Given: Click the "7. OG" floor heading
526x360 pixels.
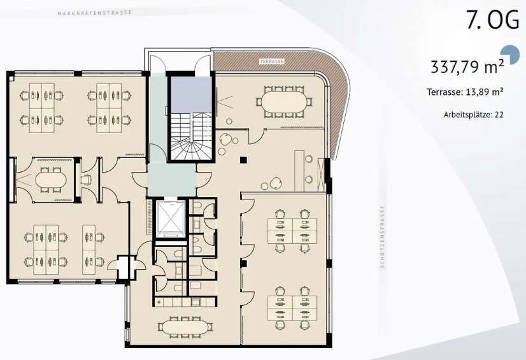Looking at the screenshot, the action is click(x=492, y=20).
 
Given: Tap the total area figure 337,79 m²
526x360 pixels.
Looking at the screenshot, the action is click(x=467, y=66).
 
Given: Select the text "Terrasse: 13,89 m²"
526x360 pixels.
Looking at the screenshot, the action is click(x=465, y=92).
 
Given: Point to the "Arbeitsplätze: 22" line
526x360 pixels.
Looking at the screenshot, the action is click(x=473, y=115).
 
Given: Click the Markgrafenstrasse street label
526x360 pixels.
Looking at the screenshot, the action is click(x=95, y=13).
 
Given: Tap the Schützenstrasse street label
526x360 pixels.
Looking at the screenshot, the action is click(x=383, y=237).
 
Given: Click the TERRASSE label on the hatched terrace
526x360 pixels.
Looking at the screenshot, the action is click(x=272, y=61).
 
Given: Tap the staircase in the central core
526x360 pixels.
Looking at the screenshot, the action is click(x=192, y=136).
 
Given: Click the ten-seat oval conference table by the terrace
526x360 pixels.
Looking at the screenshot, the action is click(x=284, y=102).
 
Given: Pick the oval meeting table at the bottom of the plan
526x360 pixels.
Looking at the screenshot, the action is click(x=185, y=326).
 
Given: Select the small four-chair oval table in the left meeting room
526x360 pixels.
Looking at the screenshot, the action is click(x=51, y=180).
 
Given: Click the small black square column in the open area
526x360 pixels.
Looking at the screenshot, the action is click(x=243, y=160).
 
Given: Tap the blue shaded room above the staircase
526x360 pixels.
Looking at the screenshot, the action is click(x=192, y=94).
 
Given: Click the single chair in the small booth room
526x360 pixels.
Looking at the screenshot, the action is click(x=86, y=180).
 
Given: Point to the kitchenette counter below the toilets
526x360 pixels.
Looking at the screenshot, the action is click(x=185, y=302).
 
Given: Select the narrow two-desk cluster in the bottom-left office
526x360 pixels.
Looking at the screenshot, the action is click(x=89, y=249).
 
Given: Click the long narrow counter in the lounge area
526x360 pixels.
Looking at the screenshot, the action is click(x=299, y=171).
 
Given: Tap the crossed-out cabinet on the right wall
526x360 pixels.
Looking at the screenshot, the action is click(x=320, y=175).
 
